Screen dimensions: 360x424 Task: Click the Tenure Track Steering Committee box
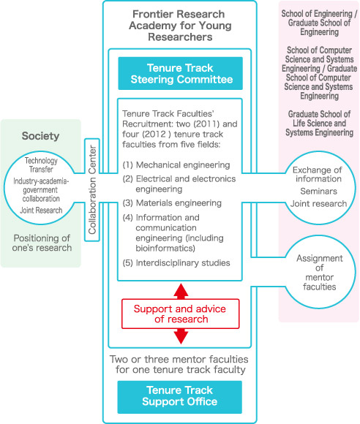click(180, 73)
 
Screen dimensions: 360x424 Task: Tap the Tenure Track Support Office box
click(180, 397)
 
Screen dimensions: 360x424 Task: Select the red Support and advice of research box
click(181, 314)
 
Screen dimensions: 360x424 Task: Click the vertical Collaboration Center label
click(92, 189)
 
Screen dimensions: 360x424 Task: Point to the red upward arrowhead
click(181, 291)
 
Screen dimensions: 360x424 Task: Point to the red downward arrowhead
click(181, 336)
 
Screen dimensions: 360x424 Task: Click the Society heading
click(40, 136)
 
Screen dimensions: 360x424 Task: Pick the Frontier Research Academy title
click(180, 26)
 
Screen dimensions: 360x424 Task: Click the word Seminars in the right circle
click(318, 192)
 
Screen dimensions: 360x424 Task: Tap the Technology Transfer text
click(41, 164)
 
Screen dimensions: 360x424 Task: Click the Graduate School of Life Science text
click(320, 123)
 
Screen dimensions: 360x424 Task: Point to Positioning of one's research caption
click(42, 243)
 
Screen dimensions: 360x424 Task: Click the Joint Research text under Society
click(41, 210)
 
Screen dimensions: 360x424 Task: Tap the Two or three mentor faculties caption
click(179, 364)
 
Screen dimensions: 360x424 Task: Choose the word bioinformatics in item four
click(165, 248)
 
